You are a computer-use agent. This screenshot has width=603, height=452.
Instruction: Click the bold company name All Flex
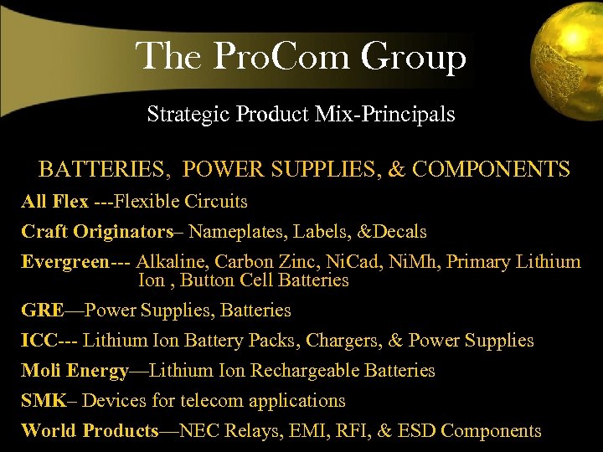pos(54,202)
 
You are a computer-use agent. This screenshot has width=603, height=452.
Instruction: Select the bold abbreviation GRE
pos(42,311)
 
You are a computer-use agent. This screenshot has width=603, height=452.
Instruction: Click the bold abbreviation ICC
pos(39,341)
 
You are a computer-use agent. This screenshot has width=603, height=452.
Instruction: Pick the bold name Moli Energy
pos(75,371)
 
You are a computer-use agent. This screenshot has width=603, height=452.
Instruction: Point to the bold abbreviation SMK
pos(43,401)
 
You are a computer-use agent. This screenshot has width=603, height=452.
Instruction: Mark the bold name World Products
pos(90,431)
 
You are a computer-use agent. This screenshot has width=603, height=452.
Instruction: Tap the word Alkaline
pos(171,262)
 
